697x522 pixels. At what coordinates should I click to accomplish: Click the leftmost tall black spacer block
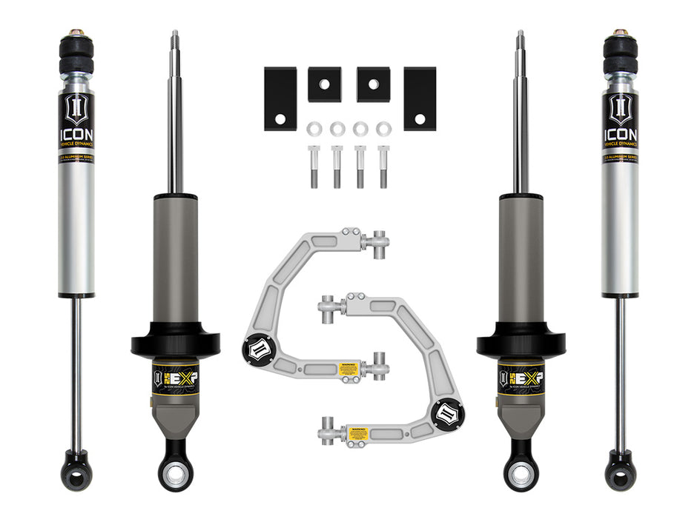click(x=280, y=98)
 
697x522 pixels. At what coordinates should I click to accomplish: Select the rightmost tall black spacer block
click(x=420, y=98)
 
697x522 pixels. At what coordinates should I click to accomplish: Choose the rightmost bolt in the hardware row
click(x=383, y=166)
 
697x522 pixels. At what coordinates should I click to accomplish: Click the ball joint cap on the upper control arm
click(x=257, y=348)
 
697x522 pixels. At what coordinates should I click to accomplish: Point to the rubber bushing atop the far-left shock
click(x=76, y=55)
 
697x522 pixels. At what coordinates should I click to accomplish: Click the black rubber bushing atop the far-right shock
click(x=620, y=55)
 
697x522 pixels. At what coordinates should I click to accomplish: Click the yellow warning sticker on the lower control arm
click(x=361, y=429)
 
